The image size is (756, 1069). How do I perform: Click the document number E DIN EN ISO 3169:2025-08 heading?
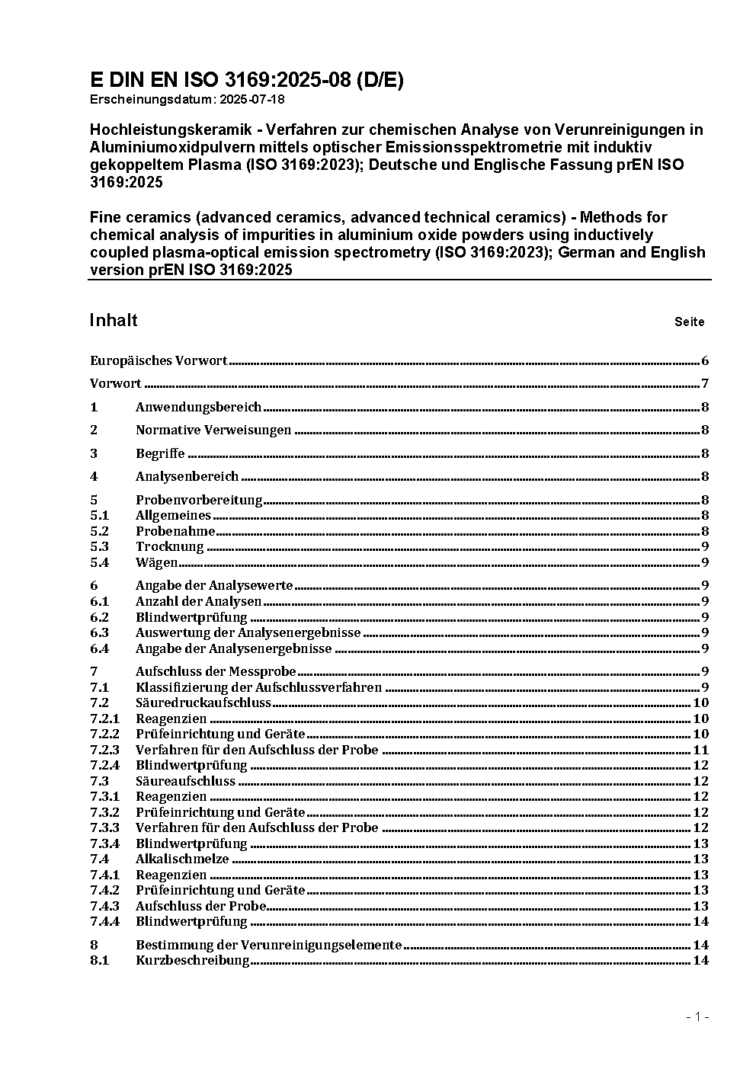pos(246,80)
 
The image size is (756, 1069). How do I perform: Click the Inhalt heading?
pos(114,320)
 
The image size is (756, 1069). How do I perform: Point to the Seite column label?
pos(689,322)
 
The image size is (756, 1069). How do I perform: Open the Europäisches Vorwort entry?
pos(159,360)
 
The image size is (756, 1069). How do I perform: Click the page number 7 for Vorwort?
pos(705,384)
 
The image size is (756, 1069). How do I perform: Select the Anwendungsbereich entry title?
pos(198,408)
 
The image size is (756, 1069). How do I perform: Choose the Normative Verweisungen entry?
pos(213,430)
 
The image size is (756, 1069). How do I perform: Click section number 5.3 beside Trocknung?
pos(99,546)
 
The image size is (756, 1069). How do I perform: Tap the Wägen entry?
pos(156,562)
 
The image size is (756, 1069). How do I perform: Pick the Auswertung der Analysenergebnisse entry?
pos(248,632)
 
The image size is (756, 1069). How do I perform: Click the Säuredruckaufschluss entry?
pos(203,703)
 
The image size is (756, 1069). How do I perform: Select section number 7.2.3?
pos(104,750)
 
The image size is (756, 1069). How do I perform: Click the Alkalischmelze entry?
pos(181,859)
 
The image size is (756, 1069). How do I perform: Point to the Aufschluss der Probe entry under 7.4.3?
pos(200,906)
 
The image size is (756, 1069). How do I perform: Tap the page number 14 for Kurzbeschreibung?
pos(701,960)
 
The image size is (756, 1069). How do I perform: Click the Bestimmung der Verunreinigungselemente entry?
pos(268,945)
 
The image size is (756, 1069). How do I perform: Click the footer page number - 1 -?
pos(697,1016)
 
